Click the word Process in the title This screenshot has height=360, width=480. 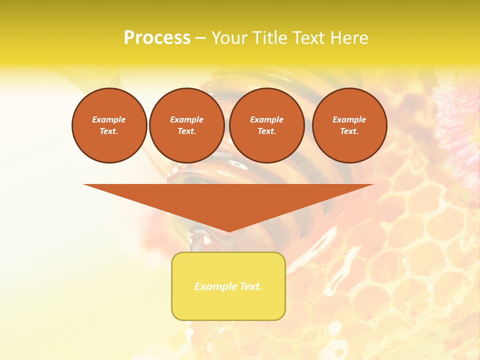coord(157,38)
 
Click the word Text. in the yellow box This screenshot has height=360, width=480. coord(251,286)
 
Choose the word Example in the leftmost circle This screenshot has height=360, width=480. coord(109,119)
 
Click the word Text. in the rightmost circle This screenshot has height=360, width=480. coord(349,131)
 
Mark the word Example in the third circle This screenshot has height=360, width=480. coord(266,119)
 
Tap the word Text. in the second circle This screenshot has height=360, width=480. coord(186,131)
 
